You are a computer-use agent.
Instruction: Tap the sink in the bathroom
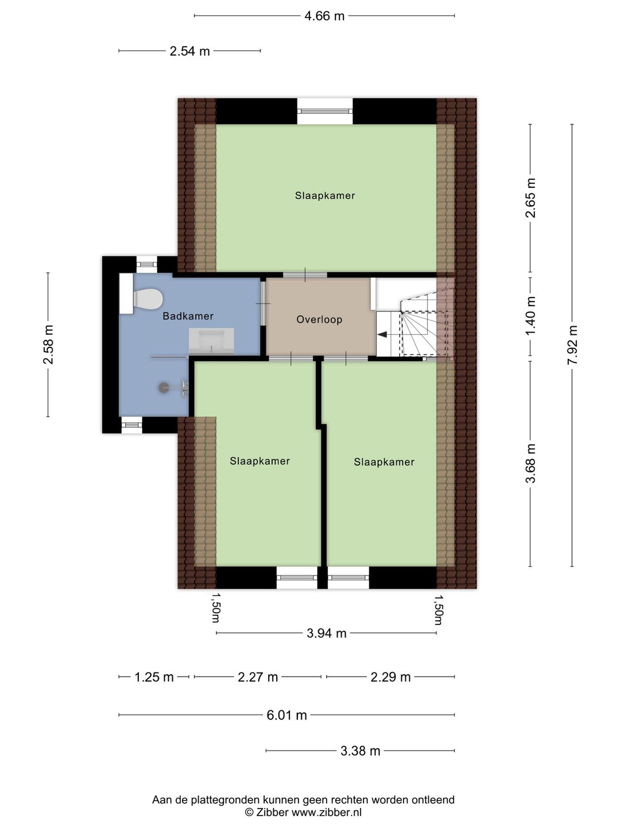[211, 341]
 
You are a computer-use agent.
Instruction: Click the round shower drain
[164, 387]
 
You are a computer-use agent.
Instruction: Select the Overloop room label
[319, 319]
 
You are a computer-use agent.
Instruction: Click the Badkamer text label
[188, 316]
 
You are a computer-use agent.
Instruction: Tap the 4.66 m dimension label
[324, 16]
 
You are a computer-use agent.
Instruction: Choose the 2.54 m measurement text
[189, 51]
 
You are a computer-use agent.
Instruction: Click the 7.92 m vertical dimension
[572, 345]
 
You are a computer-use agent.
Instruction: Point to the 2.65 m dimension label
[530, 198]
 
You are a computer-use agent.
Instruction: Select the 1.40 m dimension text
[530, 316]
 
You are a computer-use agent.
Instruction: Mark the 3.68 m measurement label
[530, 463]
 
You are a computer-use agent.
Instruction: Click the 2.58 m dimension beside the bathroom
[48, 345]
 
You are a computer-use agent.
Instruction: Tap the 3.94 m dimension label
[327, 633]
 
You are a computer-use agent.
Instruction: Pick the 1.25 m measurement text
[154, 677]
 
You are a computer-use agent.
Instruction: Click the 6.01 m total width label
[287, 715]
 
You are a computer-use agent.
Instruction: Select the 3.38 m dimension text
[361, 751]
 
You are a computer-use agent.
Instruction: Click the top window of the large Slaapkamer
[325, 111]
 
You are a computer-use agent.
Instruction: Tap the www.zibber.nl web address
[327, 812]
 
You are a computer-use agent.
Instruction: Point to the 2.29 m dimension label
[390, 677]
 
